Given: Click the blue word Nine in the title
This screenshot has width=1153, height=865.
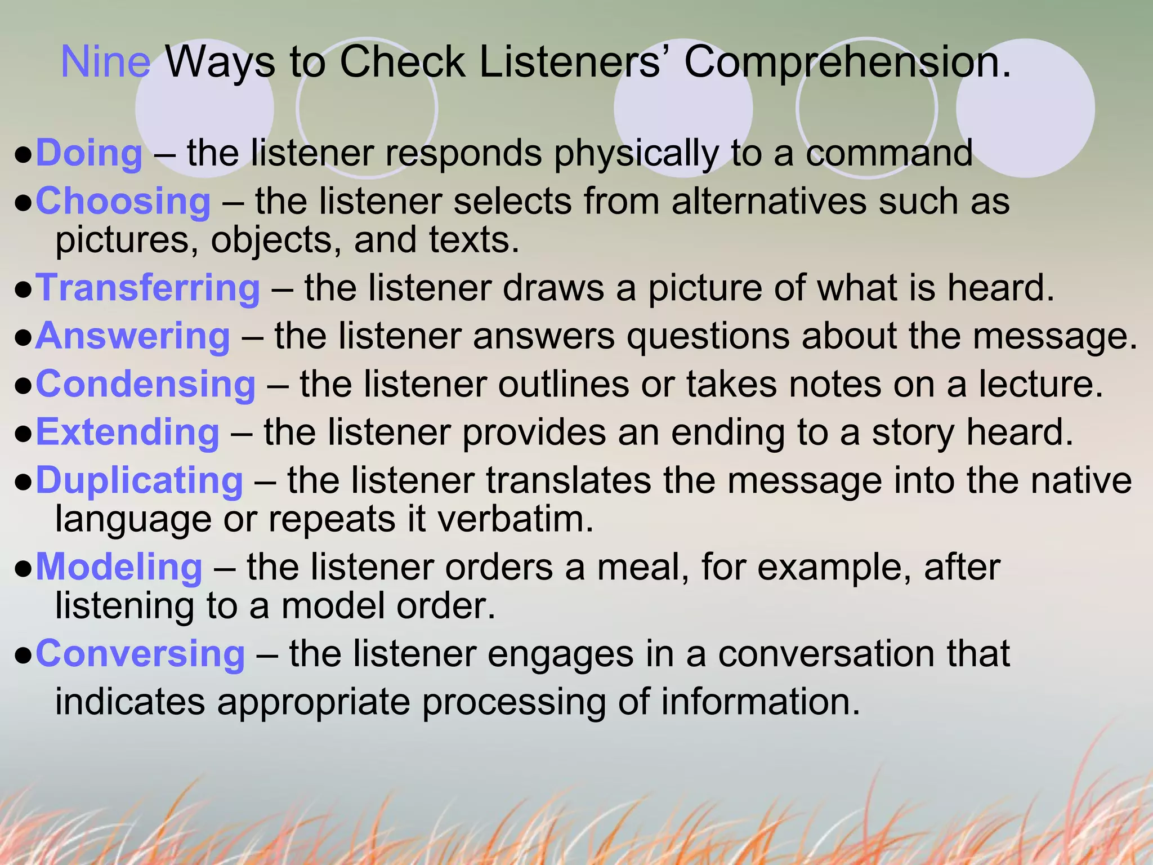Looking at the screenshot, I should tap(105, 62).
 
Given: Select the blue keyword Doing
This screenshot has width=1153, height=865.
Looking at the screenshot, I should tap(89, 153).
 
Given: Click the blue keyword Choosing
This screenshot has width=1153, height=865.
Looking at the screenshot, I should tap(123, 202).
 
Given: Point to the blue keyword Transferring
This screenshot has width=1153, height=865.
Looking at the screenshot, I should tap(148, 288).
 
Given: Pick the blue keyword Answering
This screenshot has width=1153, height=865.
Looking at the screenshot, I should tap(133, 337).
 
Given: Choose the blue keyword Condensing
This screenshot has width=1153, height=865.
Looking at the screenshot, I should tap(146, 385).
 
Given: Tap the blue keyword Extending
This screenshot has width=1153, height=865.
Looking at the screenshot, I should tap(127, 432).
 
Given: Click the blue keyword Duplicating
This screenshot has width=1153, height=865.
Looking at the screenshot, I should tap(139, 481).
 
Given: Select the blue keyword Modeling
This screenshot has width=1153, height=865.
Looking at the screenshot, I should tap(119, 567).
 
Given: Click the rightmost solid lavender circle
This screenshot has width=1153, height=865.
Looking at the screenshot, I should tap(1025, 108).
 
